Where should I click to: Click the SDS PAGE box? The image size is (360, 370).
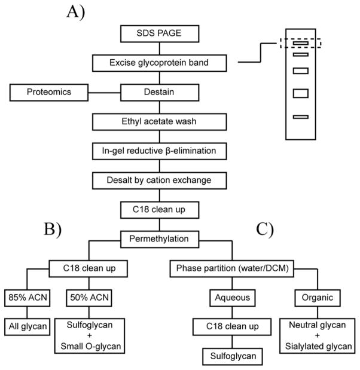pyautogui.click(x=160, y=33)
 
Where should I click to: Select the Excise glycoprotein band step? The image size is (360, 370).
pyautogui.click(x=160, y=62)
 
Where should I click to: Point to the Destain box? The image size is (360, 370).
pyautogui.click(x=160, y=93)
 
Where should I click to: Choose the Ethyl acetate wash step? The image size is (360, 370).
pyautogui.click(x=160, y=122)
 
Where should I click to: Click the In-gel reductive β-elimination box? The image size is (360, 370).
pyautogui.click(x=160, y=151)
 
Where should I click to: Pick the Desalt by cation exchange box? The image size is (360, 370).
pyautogui.click(x=160, y=179)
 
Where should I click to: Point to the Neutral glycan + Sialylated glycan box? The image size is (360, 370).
pyautogui.click(x=318, y=335)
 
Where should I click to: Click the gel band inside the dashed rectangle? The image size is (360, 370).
pyautogui.click(x=300, y=43)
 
